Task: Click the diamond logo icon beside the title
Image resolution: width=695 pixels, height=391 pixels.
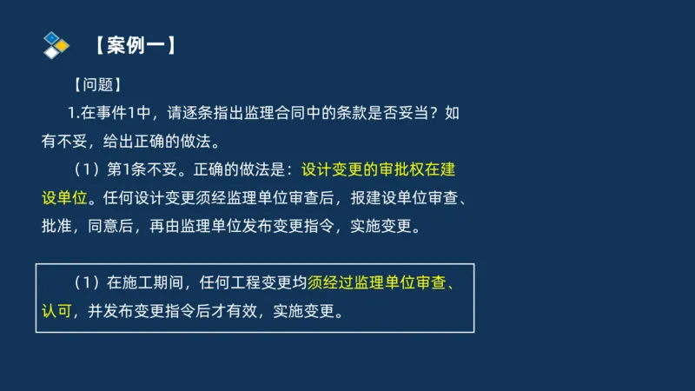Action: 55,43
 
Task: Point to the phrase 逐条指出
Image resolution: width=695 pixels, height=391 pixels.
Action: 228,112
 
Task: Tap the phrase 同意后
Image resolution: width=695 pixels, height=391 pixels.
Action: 118,226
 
